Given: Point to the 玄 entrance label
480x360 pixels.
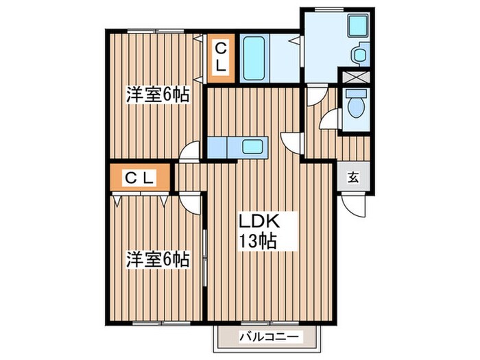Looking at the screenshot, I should point(353,178).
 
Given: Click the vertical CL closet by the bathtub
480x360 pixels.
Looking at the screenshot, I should point(221,57).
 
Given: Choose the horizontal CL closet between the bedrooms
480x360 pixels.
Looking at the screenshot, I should point(140,178).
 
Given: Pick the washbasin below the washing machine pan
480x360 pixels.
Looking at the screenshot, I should point(357,54).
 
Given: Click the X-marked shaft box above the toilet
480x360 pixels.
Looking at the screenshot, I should point(355,78).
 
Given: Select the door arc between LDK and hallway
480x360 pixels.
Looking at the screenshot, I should point(291,141).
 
